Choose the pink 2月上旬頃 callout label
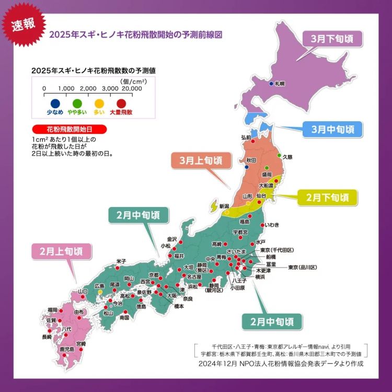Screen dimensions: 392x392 [61, 251]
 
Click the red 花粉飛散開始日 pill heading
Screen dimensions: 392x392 [69, 129]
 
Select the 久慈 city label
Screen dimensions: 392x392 [287, 156]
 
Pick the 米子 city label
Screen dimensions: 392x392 [121, 261]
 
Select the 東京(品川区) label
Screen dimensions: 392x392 [303, 268]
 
